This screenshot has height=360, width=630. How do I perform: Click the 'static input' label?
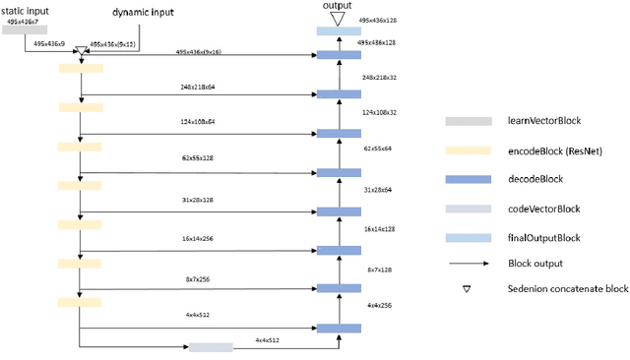[25, 8]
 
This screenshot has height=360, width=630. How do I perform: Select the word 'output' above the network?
[338, 6]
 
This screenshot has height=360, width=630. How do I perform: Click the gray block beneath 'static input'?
[25, 30]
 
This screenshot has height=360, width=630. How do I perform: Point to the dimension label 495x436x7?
[25, 20]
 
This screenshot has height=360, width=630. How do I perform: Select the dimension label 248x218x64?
[198, 87]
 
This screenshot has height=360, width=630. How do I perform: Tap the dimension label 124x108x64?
[198, 122]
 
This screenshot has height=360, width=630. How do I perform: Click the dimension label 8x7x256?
[198, 279]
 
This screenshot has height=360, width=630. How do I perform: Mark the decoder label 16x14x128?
[379, 229]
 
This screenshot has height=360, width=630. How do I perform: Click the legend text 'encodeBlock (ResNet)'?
[553, 150]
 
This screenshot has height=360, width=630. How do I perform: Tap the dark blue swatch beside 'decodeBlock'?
[468, 180]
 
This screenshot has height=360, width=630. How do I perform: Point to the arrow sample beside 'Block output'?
[468, 264]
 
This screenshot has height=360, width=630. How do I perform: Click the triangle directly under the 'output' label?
[338, 19]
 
